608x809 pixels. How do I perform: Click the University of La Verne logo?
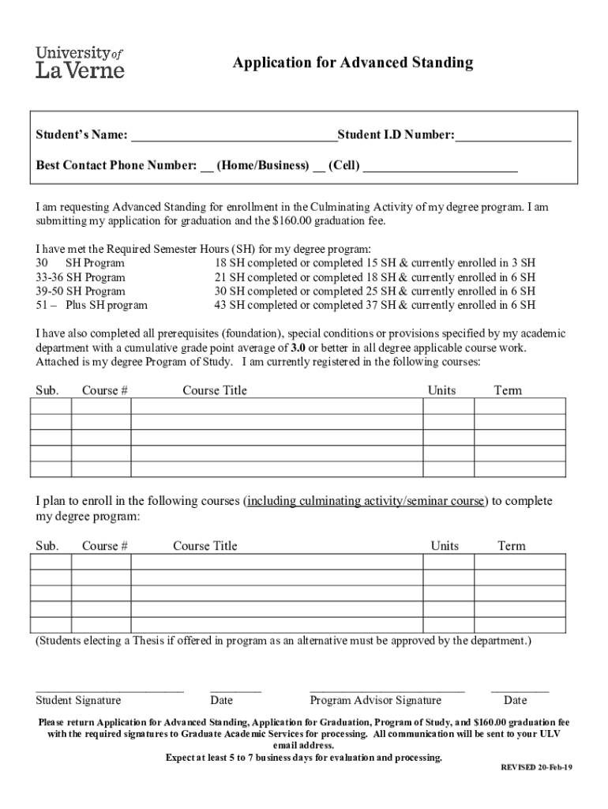point(80,62)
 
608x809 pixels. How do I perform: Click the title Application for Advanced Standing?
point(352,62)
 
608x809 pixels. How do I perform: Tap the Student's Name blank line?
point(234,137)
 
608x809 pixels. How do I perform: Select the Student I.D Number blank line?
point(512,137)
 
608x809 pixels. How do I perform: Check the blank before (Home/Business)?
point(207,167)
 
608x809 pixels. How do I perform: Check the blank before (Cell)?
point(319,167)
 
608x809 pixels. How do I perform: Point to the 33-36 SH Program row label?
point(81,277)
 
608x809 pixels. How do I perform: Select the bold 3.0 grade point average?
point(298,348)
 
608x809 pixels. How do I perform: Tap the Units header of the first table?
point(441,390)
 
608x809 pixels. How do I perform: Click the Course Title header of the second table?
point(205,546)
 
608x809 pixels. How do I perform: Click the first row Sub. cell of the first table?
point(51,406)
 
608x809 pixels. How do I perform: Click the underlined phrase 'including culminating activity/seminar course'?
point(366,501)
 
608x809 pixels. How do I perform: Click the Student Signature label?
point(78,700)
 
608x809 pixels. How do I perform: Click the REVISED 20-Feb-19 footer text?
point(537,768)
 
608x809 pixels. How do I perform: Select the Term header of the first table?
point(508,390)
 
